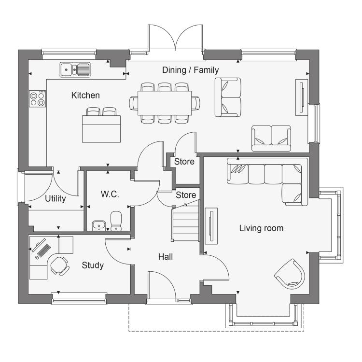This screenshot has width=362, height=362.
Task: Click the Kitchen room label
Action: tap(85, 96)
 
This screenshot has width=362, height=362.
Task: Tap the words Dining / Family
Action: tap(191, 70)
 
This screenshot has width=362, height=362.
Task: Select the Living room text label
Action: tap(261, 228)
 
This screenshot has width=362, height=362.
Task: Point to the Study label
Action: tap(93, 265)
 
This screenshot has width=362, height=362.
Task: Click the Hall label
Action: tap(166, 257)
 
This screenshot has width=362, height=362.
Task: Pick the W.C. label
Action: tap(110, 194)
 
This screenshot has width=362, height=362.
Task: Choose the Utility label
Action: tap(56, 198)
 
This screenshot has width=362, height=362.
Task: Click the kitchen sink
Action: tap(75, 70)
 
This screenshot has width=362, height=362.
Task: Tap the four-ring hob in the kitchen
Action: tap(37, 99)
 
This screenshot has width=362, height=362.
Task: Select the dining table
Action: tap(165, 103)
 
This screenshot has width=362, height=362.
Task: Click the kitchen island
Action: tap(101, 129)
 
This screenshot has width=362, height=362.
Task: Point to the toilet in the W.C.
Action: tap(116, 221)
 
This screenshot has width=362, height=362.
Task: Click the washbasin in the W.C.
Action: tap(99, 225)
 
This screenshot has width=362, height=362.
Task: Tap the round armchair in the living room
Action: tap(290, 274)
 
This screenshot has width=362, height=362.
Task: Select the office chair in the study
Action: tap(60, 266)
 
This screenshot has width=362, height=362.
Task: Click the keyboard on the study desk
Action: tap(44, 251)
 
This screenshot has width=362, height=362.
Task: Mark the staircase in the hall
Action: tap(185, 221)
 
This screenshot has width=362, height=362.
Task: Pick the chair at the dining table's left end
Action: tap(134, 103)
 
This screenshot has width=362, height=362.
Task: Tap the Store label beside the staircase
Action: tap(186, 195)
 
